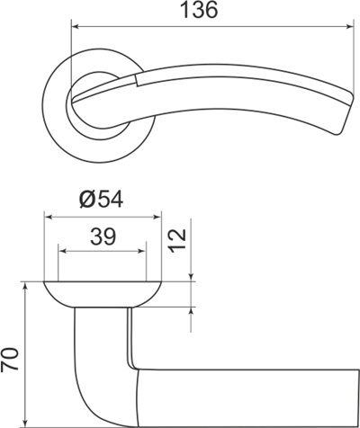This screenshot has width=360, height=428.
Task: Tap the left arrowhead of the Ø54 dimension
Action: [49, 217]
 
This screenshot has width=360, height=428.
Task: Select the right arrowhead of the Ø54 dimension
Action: [157, 217]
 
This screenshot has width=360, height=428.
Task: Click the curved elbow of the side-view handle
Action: [90, 387]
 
